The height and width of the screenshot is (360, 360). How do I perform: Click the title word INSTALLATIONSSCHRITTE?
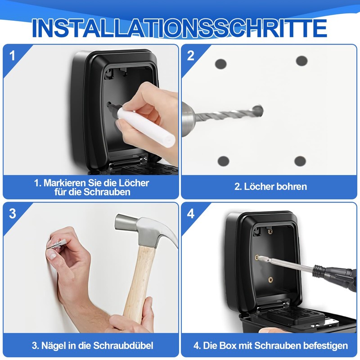180,28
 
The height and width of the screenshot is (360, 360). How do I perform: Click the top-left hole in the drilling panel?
220,64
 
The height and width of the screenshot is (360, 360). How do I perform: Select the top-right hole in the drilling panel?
301,61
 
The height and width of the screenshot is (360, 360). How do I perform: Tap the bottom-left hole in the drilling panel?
223,161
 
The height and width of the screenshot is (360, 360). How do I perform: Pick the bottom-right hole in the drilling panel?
300,161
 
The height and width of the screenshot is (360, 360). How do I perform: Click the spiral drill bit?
225,115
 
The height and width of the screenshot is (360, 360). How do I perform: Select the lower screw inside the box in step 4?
270,279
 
